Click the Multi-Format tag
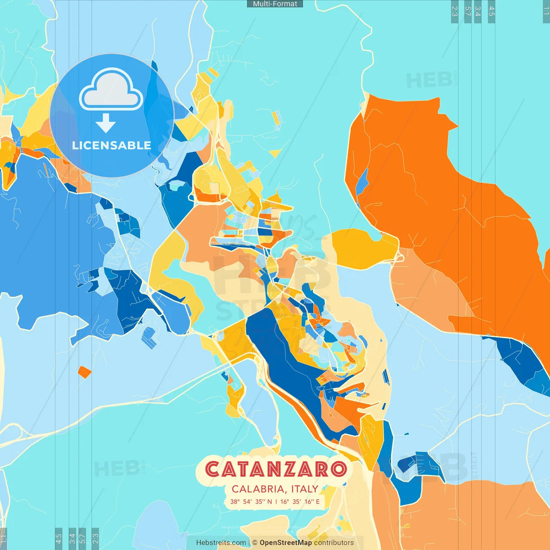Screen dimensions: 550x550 [275, 4]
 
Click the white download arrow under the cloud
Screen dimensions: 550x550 [106, 123]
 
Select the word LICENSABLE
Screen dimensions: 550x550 [112, 145]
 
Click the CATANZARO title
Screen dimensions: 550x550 [275, 469]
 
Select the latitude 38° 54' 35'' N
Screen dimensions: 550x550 [251, 501]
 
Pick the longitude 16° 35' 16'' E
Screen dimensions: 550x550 [300, 501]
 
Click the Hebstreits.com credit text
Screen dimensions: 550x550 [221, 543]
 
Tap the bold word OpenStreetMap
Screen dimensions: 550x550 [286, 543]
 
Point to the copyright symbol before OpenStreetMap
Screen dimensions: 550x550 [255, 543]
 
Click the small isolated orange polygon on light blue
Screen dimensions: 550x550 [85, 372]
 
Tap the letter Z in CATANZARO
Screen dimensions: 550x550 [287, 469]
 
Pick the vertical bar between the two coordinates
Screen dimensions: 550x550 [276, 501]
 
